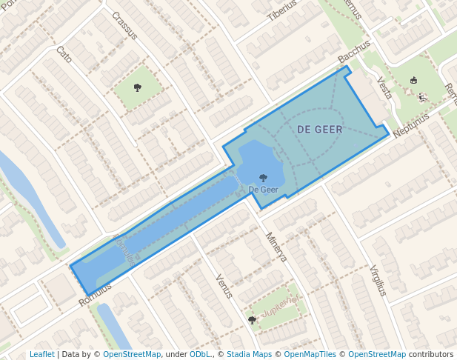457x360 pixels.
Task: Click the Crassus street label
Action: coord(125,26)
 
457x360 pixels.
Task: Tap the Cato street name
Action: coord(64,54)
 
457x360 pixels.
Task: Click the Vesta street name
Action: coord(384,89)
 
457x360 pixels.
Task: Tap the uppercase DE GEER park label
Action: coord(320,130)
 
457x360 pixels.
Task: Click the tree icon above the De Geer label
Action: coord(264,178)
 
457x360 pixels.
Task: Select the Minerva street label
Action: coord(276,247)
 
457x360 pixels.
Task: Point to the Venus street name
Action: coord(224,286)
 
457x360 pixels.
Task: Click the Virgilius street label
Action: coord(378,280)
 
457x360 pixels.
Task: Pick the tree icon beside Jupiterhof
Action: coord(252,320)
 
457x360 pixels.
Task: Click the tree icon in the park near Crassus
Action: coord(138,87)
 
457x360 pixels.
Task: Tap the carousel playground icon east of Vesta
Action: coord(414,81)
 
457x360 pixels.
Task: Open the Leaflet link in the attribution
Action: coord(41,355)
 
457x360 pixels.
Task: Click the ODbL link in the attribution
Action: coord(200,355)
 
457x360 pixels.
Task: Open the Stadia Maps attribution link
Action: coord(249,355)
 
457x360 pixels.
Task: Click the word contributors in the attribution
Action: coord(431,355)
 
